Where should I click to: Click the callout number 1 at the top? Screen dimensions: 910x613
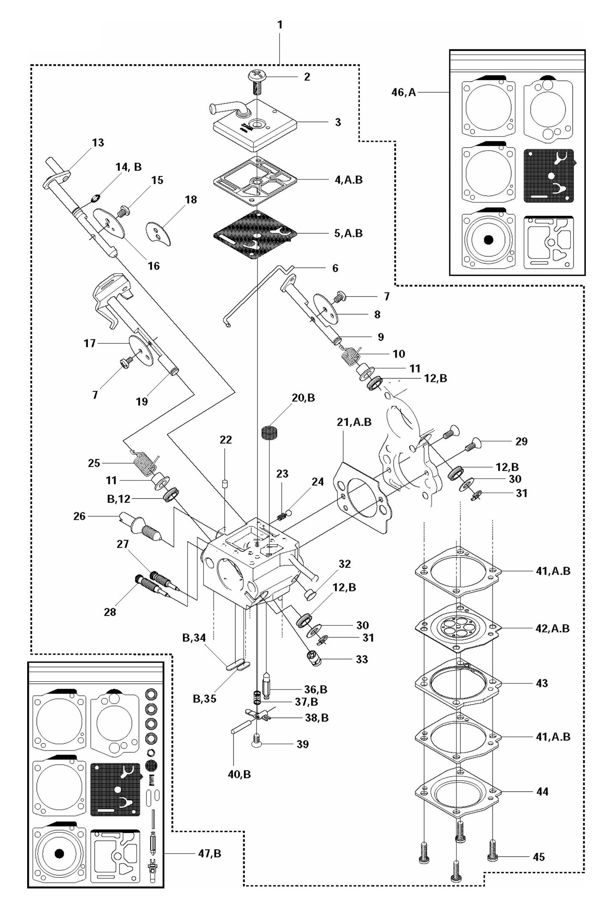tap(280, 25)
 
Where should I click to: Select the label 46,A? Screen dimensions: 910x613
tap(403, 92)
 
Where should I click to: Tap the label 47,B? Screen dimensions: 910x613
tap(210, 853)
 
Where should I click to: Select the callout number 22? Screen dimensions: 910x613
tap(226, 440)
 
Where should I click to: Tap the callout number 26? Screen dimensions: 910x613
tap(79, 516)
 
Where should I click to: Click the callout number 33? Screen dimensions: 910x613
tap(362, 659)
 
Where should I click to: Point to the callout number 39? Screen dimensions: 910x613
tap(302, 744)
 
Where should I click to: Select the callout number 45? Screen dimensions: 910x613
tap(538, 857)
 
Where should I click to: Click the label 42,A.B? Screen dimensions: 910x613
tap(552, 628)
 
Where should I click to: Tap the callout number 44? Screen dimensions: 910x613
tap(542, 791)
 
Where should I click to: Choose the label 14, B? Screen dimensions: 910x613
tap(128, 167)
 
